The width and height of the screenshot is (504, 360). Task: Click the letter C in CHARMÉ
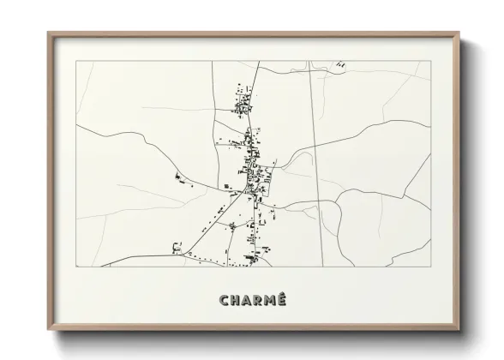[x=225, y=300]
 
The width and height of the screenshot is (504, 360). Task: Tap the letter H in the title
[x=236, y=300]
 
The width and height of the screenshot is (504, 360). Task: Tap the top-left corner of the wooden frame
[x=48, y=33]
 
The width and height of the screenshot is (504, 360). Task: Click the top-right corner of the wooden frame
[x=460, y=33]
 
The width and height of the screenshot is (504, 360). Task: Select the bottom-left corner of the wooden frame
[x=48, y=331]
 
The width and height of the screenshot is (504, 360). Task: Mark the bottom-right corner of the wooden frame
[x=460, y=331]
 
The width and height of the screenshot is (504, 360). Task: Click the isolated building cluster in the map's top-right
[x=341, y=64]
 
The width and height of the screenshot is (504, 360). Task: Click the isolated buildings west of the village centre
[x=181, y=178]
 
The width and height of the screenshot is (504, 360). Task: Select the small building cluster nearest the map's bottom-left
[x=177, y=248]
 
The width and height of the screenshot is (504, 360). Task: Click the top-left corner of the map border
[x=76, y=61]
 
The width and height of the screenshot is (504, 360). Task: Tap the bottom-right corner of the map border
[x=430, y=267]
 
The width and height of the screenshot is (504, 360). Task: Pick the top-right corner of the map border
[x=430, y=61]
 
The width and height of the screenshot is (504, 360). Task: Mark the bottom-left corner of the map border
[x=76, y=267]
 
